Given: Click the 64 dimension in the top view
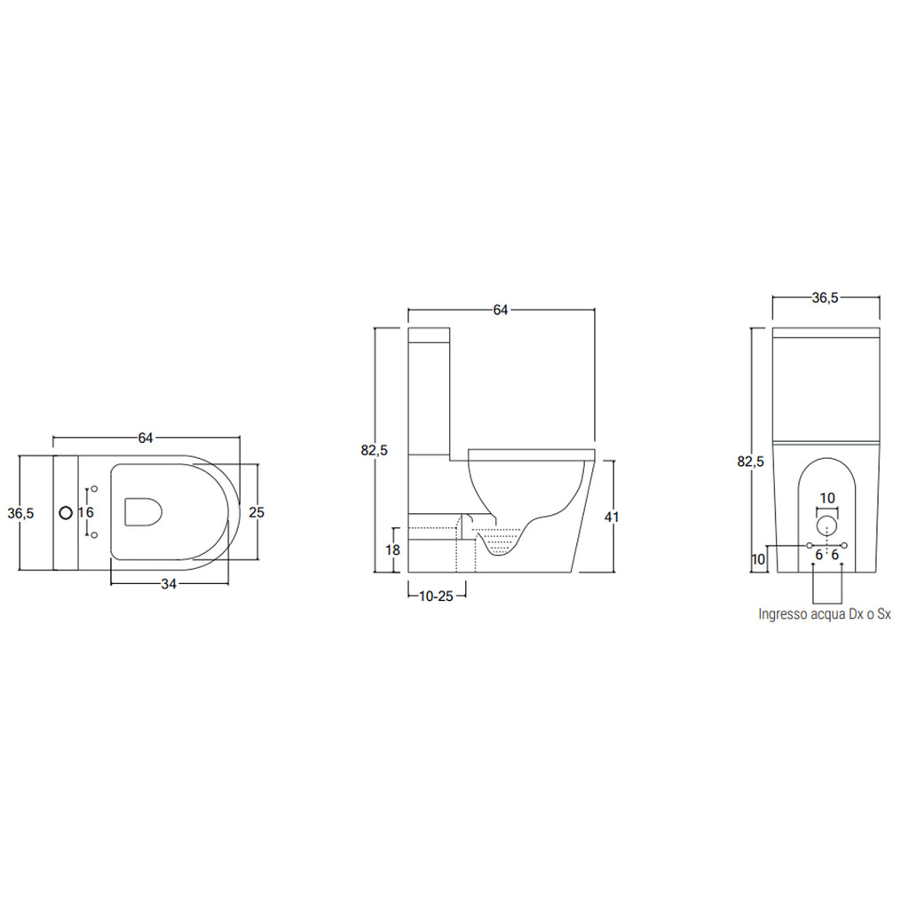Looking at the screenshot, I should [x=146, y=438].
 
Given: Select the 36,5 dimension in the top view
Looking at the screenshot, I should [x=20, y=513].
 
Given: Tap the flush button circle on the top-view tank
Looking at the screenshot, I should [x=65, y=513].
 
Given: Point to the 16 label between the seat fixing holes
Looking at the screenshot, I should [x=85, y=512].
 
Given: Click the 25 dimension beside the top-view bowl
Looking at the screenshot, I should [x=256, y=512].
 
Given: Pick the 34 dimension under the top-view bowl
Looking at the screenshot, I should [x=168, y=583].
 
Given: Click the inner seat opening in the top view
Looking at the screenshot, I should [x=145, y=512].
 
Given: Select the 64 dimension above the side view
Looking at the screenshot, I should [x=501, y=310].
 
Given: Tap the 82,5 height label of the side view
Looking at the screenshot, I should [x=375, y=450].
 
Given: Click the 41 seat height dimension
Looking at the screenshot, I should [x=613, y=517].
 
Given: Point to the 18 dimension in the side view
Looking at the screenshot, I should [x=391, y=550].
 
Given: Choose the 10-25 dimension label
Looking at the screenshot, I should [x=436, y=596].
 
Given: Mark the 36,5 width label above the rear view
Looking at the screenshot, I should [x=826, y=298].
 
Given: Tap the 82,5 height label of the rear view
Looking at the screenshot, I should [x=751, y=462].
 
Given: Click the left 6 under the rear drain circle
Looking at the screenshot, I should [x=818, y=555].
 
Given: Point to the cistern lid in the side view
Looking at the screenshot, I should [x=430, y=335].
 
